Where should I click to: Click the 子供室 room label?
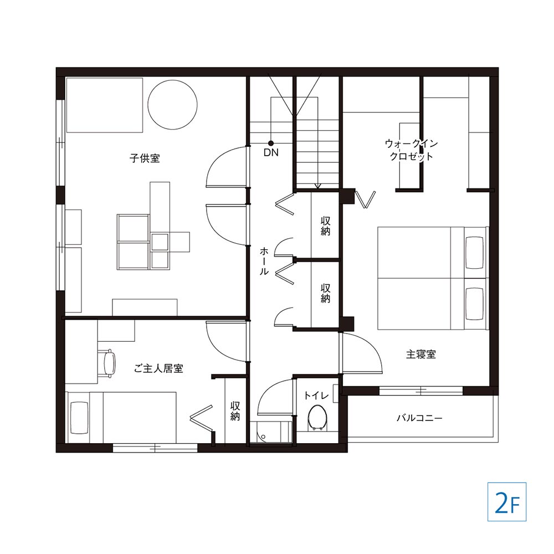tap(145, 158)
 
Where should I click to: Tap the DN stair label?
tap(271, 152)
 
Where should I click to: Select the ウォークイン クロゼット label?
tap(411, 150)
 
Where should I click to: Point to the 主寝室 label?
tap(421, 355)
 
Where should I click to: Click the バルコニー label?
tap(419, 418)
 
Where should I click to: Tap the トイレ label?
tap(317, 396)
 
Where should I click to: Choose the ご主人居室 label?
tap(160, 368)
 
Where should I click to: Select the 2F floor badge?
tap(506, 501)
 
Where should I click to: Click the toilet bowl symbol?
tap(317, 417)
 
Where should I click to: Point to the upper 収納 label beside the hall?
tap(325, 225)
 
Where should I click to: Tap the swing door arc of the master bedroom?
tap(366, 349)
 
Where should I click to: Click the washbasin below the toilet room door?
tap(270, 432)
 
